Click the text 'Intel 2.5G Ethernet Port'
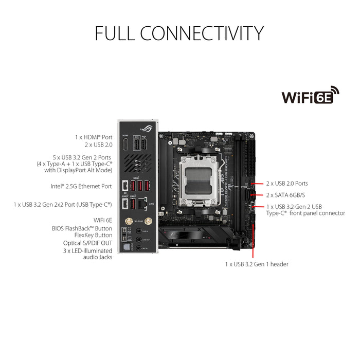coord(81,186)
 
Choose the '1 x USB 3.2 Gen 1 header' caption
coord(257,264)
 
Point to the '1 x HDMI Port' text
coord(93,137)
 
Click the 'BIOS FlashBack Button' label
coord(82,228)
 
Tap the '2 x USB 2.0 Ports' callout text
coord(287,183)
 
